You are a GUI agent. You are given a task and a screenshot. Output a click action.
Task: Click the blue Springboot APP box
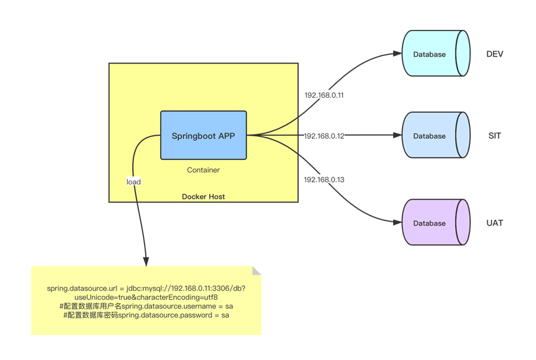click(203, 135)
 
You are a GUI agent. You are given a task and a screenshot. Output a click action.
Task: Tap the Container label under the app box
click(203, 170)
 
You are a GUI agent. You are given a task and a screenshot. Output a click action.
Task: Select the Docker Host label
click(203, 197)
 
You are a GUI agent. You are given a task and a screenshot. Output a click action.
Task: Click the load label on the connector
click(133, 182)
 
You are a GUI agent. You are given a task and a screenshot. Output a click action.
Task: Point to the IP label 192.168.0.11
click(323, 96)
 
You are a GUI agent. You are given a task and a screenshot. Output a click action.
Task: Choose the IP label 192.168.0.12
click(323, 136)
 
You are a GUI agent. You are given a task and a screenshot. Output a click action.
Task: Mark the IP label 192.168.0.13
click(323, 180)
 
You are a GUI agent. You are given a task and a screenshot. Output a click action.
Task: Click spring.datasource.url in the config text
click(82, 289)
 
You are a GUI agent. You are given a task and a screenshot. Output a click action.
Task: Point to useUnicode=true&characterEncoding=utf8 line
click(146, 298)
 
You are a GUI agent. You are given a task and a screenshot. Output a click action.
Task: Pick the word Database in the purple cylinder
click(429, 223)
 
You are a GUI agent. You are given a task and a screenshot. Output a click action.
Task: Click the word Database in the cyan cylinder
click(429, 54)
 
